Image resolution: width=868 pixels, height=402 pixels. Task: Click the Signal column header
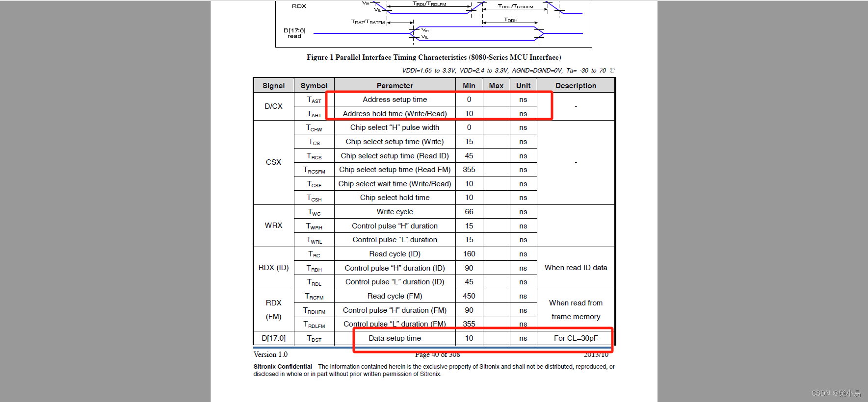tap(273, 86)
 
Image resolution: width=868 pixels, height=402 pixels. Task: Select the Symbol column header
tap(314, 86)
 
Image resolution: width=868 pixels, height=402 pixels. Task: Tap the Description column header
tap(576, 86)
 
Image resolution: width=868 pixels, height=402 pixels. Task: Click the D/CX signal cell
tap(273, 106)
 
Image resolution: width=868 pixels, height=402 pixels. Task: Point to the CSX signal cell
tap(273, 162)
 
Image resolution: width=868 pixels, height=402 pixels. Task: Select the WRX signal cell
tap(273, 226)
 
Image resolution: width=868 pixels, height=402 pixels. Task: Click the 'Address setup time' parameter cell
tap(395, 100)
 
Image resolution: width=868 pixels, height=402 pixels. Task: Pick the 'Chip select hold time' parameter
tap(395, 198)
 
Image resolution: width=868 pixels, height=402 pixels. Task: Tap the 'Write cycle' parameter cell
tap(395, 212)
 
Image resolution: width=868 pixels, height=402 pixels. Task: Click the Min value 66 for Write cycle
tap(469, 212)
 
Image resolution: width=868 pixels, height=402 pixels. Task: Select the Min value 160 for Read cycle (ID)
tap(469, 254)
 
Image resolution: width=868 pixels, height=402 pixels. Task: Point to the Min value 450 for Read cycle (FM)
tap(469, 296)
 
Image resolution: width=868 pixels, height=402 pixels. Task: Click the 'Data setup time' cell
tap(395, 338)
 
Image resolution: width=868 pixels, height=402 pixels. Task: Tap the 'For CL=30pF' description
tap(576, 338)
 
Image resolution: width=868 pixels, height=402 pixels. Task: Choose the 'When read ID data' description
tap(576, 268)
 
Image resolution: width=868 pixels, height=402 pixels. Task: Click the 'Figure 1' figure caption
tap(434, 57)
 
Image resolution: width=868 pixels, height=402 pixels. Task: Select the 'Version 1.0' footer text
tap(270, 354)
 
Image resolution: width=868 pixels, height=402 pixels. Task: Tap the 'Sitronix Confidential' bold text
tap(283, 367)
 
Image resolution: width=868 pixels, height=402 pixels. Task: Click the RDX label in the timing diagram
tap(299, 6)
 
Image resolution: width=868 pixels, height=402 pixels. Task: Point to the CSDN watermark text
tap(836, 393)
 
